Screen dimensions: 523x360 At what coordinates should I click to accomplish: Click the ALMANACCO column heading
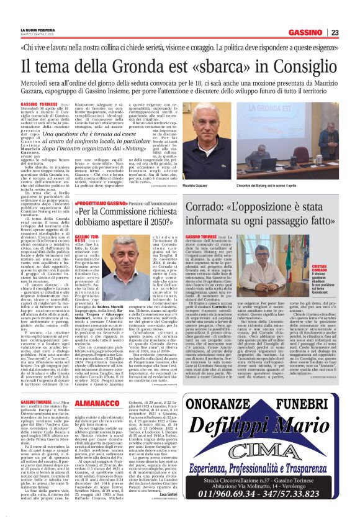pyautogui.click(x=115, y=386)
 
